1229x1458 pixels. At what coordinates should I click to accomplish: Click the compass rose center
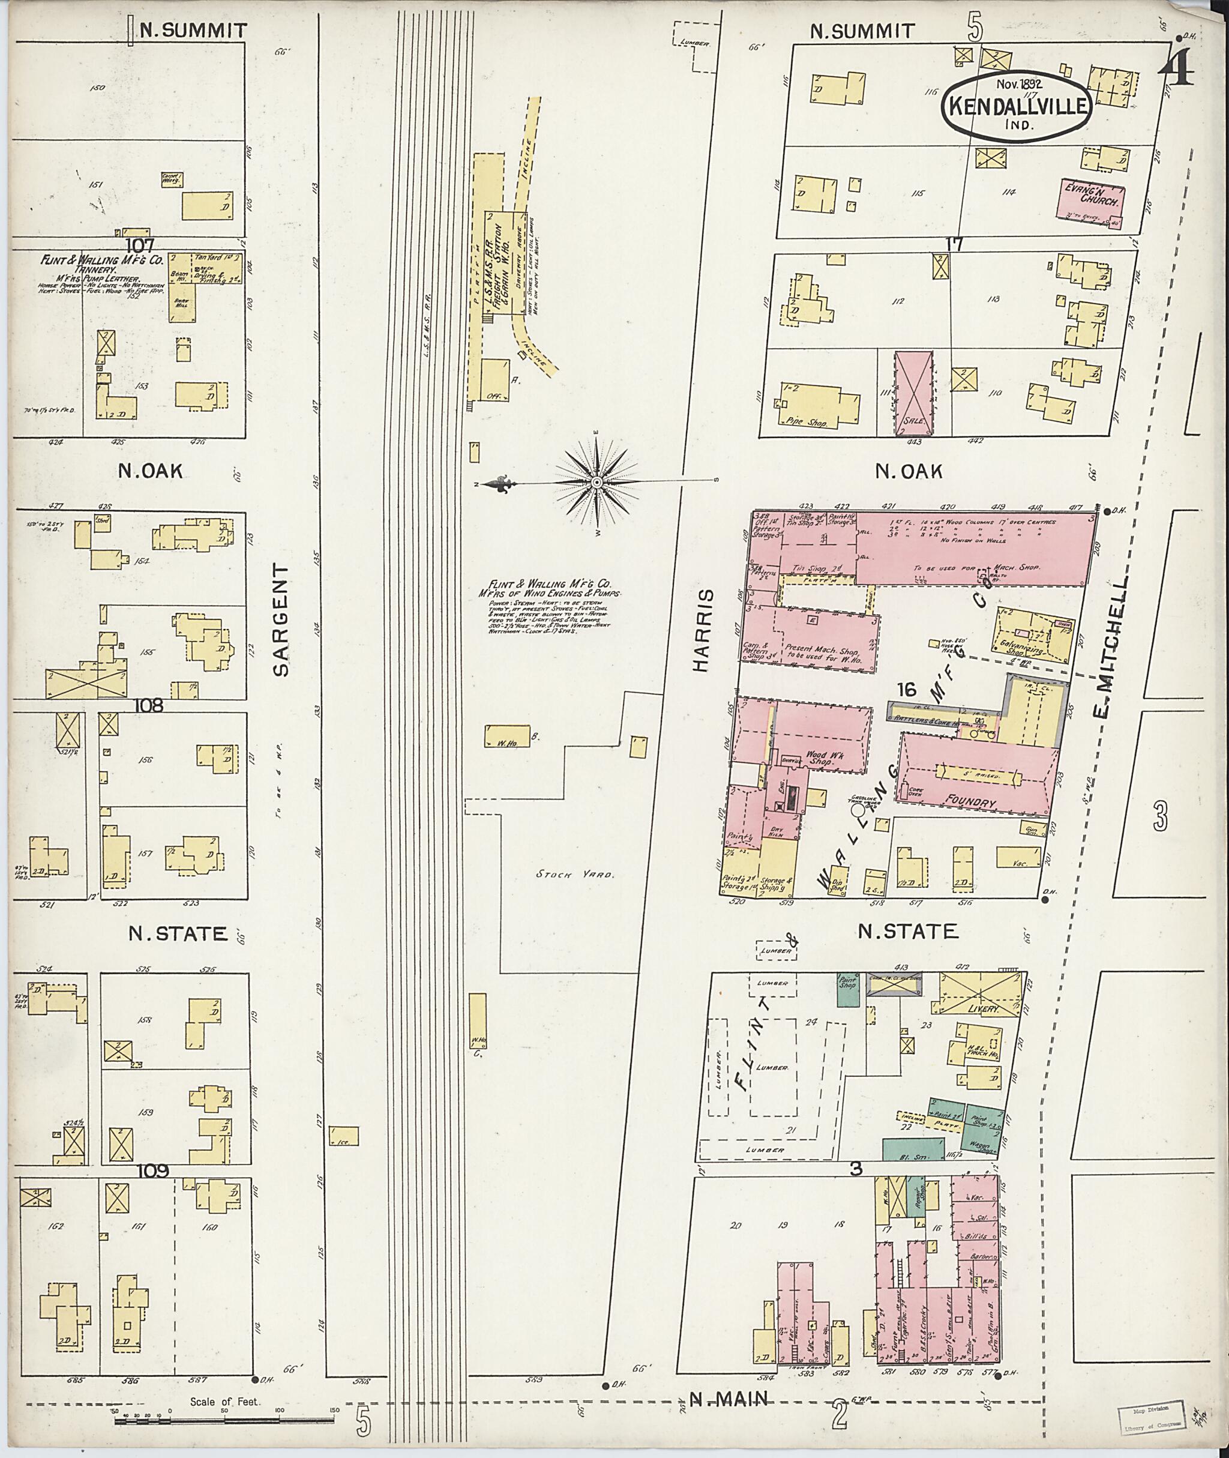point(597,482)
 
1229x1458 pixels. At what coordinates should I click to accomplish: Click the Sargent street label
point(280,620)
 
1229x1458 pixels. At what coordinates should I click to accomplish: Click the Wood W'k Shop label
point(821,758)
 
